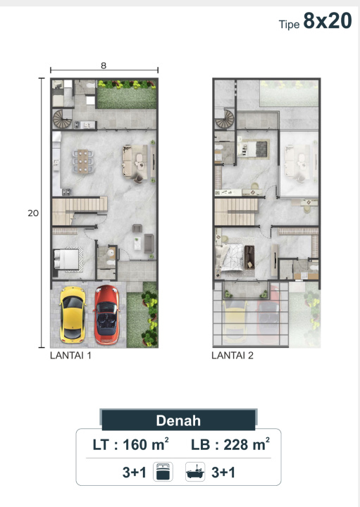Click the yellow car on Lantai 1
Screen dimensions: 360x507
click(73, 314)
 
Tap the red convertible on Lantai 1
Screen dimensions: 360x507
click(107, 314)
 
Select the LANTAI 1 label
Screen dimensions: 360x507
click(70, 356)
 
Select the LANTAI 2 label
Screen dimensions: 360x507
click(232, 356)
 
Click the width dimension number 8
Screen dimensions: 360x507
click(104, 65)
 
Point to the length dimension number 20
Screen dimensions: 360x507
click(33, 213)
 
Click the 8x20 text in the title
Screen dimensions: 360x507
click(328, 20)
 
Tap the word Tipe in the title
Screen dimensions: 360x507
click(289, 25)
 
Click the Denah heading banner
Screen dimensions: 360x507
click(178, 420)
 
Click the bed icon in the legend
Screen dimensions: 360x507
click(163, 472)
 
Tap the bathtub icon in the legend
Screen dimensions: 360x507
click(195, 472)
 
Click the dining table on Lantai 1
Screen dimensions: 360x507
click(83, 161)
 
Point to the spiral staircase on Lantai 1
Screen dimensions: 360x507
click(63, 119)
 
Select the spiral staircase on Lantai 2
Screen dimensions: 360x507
click(225, 119)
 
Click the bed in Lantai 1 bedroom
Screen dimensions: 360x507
click(67, 259)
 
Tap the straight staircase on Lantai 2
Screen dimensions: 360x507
click(237, 211)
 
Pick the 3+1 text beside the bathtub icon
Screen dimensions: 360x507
click(223, 472)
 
